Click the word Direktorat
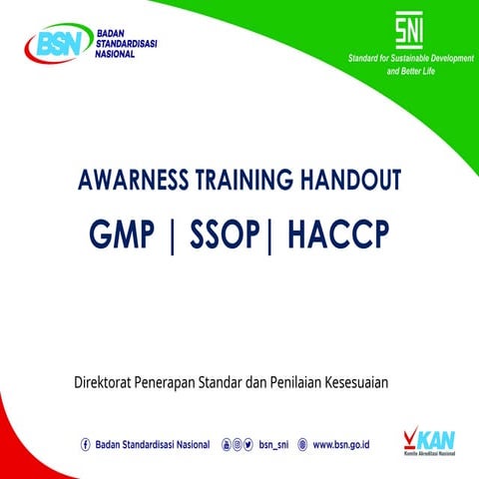click(109, 381)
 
